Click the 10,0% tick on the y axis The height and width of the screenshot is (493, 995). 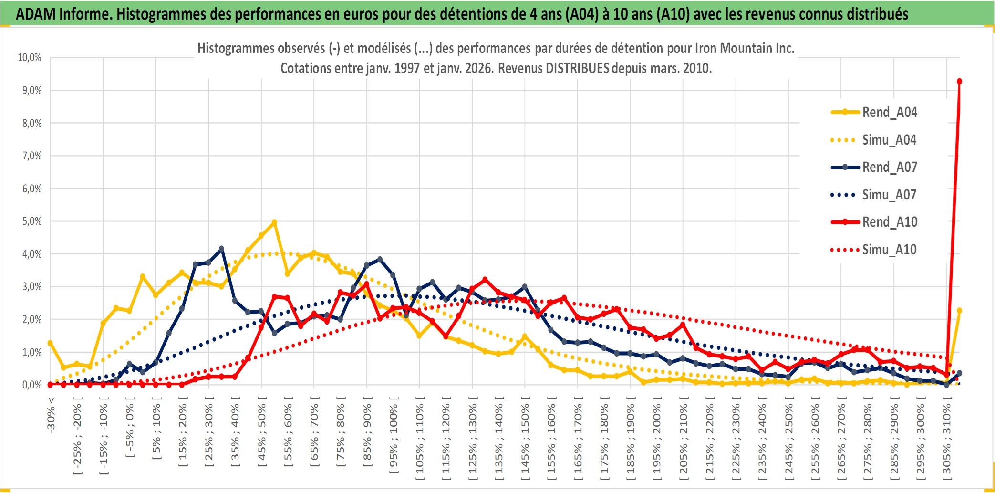(x=30, y=58)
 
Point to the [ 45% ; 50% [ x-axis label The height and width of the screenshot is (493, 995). (x=262, y=434)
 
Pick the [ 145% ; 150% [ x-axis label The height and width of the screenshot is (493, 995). (x=525, y=439)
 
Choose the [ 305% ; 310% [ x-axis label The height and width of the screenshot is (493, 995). (x=947, y=439)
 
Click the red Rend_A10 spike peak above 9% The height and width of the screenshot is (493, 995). (x=959, y=82)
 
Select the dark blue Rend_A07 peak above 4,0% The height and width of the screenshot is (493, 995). (x=221, y=249)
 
